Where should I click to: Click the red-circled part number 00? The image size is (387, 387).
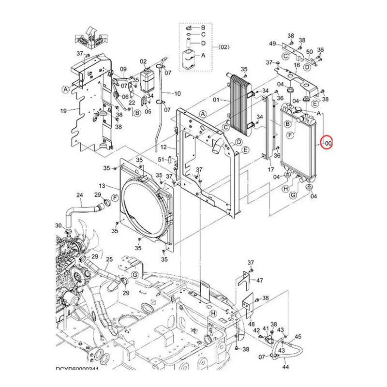pyautogui.click(x=328, y=143)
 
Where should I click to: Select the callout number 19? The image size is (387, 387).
pyautogui.click(x=63, y=111)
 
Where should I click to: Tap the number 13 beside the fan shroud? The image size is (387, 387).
pyautogui.click(x=102, y=186)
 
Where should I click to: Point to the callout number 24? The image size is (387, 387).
pyautogui.click(x=80, y=195)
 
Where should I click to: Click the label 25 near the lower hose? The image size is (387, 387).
pyautogui.click(x=109, y=260)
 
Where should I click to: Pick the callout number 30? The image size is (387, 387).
pyautogui.click(x=58, y=226)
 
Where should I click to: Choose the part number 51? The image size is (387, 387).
pyautogui.click(x=161, y=159)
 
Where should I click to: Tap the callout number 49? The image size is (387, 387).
pyautogui.click(x=272, y=44)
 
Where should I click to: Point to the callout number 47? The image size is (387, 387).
pyautogui.click(x=260, y=280)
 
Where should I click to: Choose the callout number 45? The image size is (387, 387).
pyautogui.click(x=298, y=337)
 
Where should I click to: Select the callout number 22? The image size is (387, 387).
pyautogui.click(x=132, y=103)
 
